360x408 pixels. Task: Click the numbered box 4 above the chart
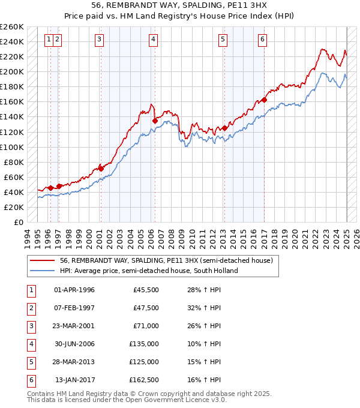pos(154,40)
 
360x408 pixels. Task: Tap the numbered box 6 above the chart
pos(263,40)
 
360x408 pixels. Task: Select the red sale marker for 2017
pos(265,100)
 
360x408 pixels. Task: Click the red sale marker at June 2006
pos(155,121)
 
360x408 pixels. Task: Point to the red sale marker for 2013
pos(224,128)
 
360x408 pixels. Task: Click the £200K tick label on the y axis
pos(12,71)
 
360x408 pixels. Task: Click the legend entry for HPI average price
pos(149,271)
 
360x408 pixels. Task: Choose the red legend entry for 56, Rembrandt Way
pos(166,260)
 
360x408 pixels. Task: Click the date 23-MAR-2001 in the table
pos(74,326)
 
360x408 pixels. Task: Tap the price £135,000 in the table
pos(146,344)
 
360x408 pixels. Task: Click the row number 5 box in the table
pos(30,362)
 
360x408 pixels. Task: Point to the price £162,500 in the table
pos(146,380)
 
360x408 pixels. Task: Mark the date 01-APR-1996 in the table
pos(74,290)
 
